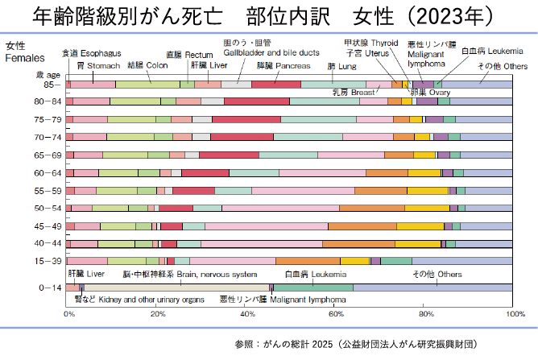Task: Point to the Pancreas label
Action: pyautogui.click(x=283, y=64)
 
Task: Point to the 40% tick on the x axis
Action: pyautogui.click(x=247, y=313)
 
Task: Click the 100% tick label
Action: pyautogui.click(x=514, y=313)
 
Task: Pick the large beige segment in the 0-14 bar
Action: pyautogui.click(x=177, y=288)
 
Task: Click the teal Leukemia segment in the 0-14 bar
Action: pyautogui.click(x=313, y=288)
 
